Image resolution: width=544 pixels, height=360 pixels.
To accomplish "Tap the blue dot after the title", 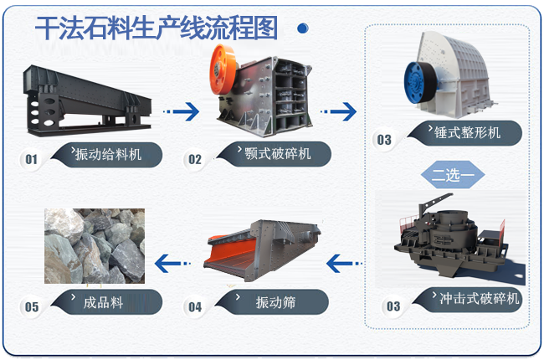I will click(x=302, y=28).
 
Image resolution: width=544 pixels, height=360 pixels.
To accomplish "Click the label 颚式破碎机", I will click(x=276, y=155).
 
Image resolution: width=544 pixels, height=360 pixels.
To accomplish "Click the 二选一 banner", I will click(x=453, y=176).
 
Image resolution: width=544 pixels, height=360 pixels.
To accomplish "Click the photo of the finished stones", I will click(x=94, y=246).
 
